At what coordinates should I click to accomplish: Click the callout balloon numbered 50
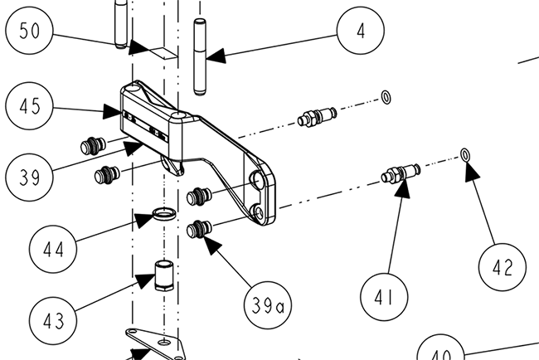pos(29,30)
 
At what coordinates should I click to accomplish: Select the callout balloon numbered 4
pos(361,30)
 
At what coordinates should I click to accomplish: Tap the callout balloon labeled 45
pos(29,106)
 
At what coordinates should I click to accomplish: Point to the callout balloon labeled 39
pos(29,178)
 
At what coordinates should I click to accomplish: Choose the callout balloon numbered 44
pos(53,250)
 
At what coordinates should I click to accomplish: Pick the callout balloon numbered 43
pos(53,321)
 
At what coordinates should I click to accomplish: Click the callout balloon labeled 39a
pos(268,305)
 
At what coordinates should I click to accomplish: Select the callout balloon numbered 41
pos(384,297)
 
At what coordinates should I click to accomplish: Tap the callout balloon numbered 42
pos(503,267)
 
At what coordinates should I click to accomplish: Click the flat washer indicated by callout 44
pos(164,214)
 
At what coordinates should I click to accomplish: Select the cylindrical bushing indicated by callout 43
pos(164,275)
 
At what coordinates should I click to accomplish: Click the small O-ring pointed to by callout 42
pos(465,155)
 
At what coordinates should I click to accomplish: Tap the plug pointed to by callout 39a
pos(199,229)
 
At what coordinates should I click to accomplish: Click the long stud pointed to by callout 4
pos(200,57)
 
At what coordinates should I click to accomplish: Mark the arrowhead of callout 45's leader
pos(113,112)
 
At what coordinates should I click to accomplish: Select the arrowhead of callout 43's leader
pos(146,280)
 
